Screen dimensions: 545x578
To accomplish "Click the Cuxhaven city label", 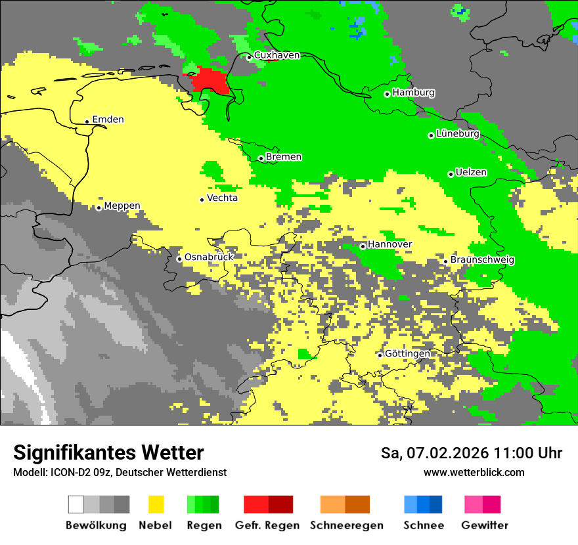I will (x=277, y=55).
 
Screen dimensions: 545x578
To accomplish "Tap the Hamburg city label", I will (x=413, y=93).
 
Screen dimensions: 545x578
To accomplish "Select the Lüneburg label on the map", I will (x=458, y=134).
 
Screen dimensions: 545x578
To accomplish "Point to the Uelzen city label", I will (x=471, y=172).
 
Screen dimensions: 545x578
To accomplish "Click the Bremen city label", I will (x=284, y=157).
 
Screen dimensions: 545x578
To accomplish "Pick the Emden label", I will (x=108, y=120).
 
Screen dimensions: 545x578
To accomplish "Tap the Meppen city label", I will (x=122, y=206).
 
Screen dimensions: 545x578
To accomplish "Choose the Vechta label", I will (x=222, y=198).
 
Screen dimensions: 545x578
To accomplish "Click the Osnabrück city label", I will (x=209, y=257).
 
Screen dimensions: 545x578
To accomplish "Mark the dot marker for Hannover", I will (x=363, y=246).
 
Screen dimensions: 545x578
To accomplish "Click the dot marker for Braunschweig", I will (x=445, y=261).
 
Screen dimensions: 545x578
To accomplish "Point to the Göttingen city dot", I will (x=380, y=355).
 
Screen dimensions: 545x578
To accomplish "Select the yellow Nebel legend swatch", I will (x=156, y=504).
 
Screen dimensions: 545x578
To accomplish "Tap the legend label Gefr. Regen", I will (x=267, y=525).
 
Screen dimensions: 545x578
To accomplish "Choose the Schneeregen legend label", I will (x=346, y=525).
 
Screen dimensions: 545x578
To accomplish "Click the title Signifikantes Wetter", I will (x=108, y=452).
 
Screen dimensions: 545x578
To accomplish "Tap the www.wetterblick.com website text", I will (x=474, y=472).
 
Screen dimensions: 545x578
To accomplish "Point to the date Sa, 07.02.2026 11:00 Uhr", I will (x=471, y=453).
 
